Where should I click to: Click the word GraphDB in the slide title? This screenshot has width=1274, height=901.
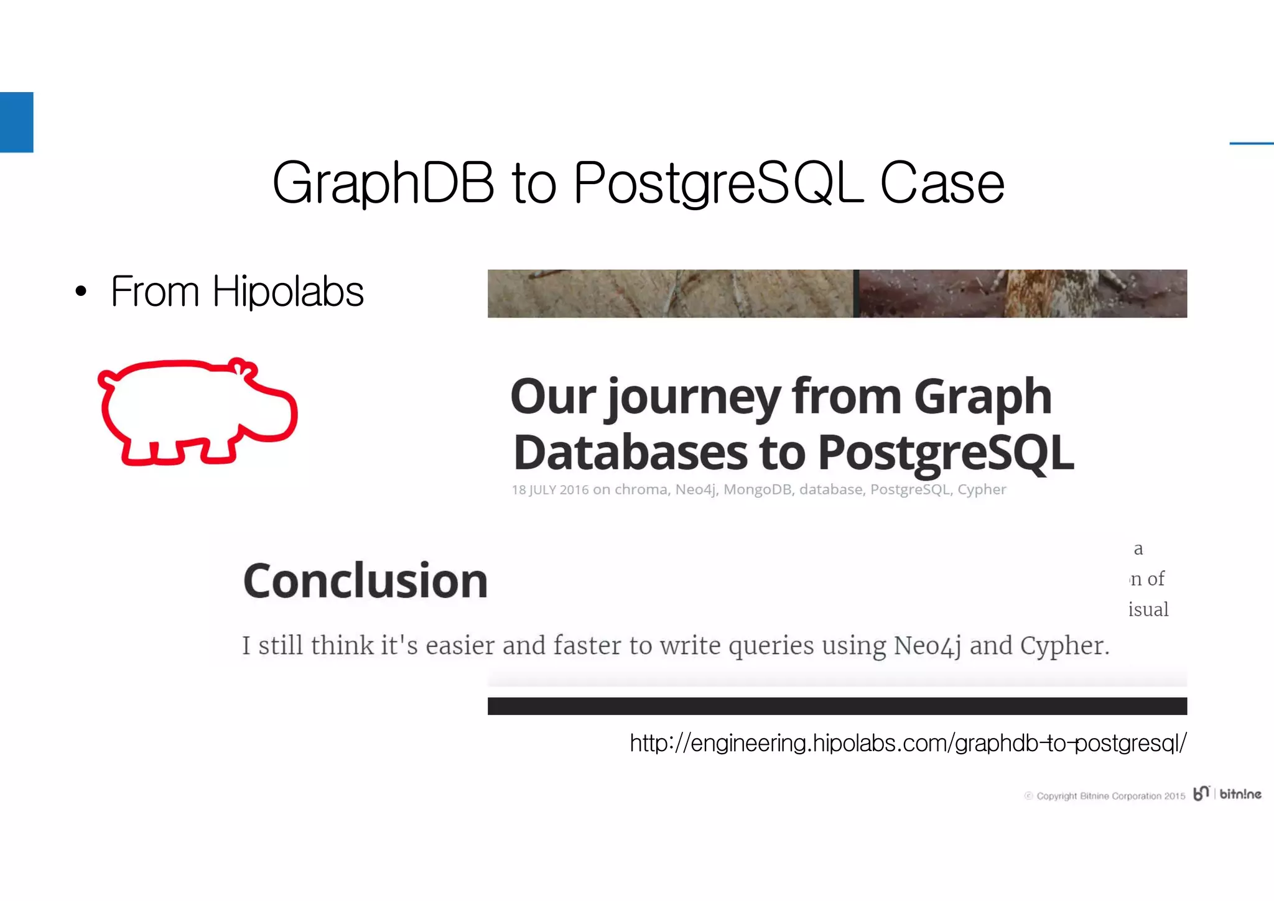click(383, 183)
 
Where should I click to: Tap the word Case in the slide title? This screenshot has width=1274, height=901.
click(942, 183)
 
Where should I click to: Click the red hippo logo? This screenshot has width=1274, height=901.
click(197, 412)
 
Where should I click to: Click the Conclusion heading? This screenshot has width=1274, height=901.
click(365, 581)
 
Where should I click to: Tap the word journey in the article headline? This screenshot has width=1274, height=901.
click(693, 398)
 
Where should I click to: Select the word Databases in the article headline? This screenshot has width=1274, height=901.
click(630, 453)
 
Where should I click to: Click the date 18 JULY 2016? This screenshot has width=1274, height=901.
click(550, 490)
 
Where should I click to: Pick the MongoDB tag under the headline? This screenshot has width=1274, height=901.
click(757, 490)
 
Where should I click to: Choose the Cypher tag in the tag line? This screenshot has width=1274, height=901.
click(981, 490)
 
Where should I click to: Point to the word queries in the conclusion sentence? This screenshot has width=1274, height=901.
click(770, 645)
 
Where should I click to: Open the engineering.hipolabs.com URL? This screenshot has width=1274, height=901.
click(908, 743)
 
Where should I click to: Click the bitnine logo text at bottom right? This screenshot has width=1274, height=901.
click(1240, 794)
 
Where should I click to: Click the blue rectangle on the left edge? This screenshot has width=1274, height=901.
click(16, 122)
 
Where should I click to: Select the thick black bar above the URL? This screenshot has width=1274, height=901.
click(837, 706)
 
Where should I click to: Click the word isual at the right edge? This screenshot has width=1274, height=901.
click(1148, 609)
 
